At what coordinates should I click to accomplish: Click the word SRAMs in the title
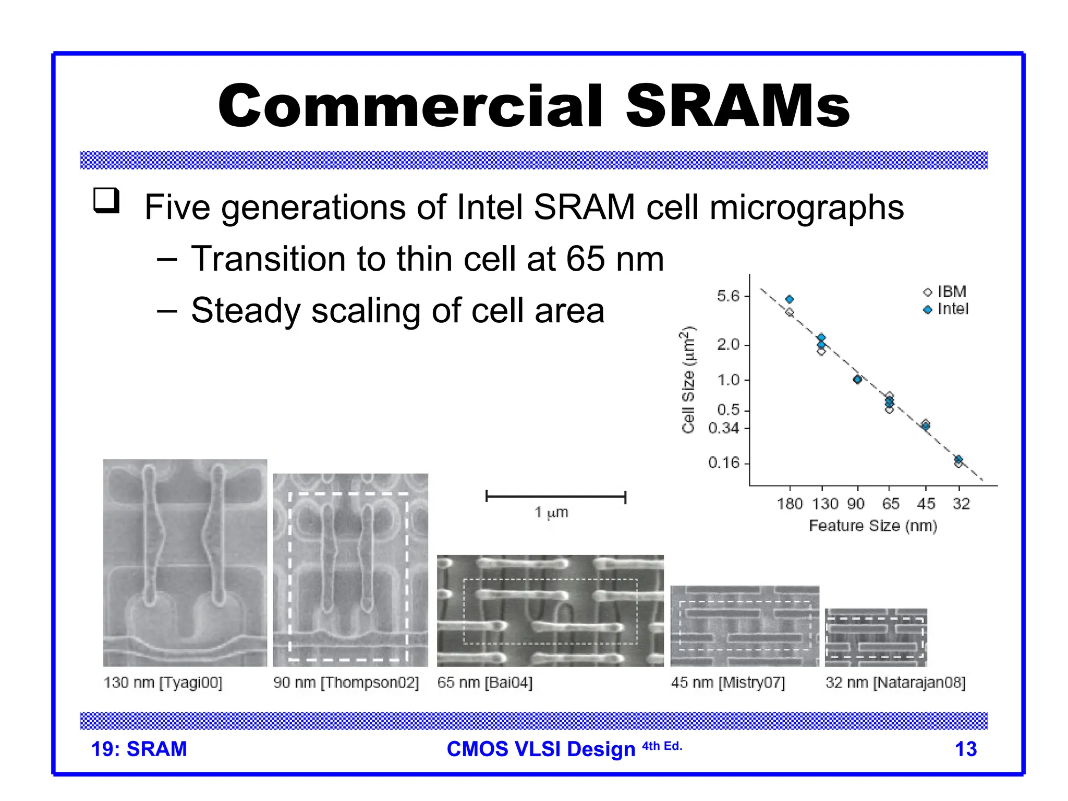pos(737,106)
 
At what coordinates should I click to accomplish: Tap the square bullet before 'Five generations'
pos(106,201)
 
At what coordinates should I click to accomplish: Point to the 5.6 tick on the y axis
pos(728,296)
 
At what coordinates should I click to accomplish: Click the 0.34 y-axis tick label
pos(724,429)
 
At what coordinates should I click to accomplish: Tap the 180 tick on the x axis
pos(790,504)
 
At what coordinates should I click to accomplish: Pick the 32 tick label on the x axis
pos(961,504)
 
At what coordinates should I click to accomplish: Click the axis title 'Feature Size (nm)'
pos(872,526)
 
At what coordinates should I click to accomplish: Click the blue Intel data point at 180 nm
pos(790,299)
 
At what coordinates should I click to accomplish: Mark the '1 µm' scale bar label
pos(551,513)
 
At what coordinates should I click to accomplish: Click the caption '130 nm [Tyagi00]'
pos(163,683)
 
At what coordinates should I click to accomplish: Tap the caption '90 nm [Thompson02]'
pos(346,683)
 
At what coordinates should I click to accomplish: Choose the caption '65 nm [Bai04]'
pos(484,683)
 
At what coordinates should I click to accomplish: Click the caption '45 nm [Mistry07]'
pos(727,683)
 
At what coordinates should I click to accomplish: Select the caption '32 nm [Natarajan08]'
pos(895,683)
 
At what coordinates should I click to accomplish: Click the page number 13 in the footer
pos(965,749)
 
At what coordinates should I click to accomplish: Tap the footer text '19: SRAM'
pos(139,749)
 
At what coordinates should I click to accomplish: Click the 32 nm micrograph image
pos(876,637)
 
